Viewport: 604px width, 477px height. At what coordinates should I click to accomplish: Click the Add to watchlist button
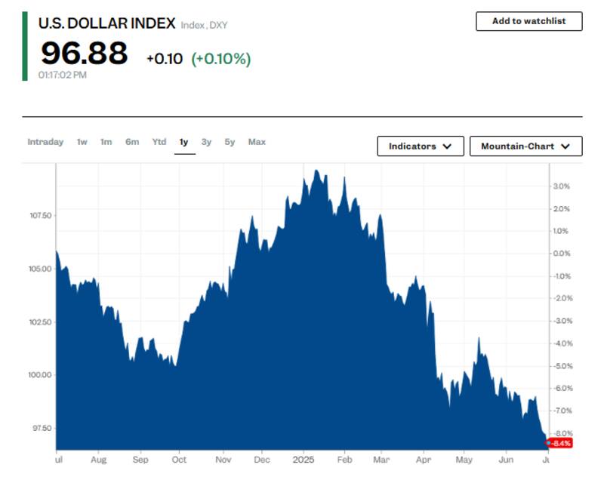coord(528,21)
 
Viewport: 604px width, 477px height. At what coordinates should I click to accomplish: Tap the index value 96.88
coord(84,54)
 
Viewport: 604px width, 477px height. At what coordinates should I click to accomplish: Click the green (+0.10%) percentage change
coord(220,58)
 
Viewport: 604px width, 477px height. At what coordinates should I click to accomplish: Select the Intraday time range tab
coord(45,142)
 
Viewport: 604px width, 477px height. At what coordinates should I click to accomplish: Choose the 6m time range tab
coord(132,142)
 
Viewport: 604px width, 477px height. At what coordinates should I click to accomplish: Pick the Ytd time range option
coord(159,142)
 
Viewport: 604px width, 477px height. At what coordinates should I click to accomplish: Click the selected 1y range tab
coord(184,142)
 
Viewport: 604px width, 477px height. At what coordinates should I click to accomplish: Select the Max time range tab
coord(257,142)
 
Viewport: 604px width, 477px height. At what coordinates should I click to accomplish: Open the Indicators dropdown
coord(420,146)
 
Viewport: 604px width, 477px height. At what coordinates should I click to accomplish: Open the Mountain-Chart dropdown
coord(525,146)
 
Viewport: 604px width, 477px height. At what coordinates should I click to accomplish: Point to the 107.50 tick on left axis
coord(40,216)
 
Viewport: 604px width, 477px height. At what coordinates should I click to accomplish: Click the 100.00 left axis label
coord(40,375)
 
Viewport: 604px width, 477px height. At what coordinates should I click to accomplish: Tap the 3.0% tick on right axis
coord(561,186)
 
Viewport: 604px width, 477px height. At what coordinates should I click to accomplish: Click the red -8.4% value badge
coord(559,443)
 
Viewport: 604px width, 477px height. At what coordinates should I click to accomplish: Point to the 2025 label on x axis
coord(303,458)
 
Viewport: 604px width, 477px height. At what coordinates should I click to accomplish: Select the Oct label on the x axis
coord(180,458)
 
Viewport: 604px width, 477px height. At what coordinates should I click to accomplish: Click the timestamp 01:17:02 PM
coord(62,75)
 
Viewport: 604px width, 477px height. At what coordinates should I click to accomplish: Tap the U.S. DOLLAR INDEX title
coord(106,23)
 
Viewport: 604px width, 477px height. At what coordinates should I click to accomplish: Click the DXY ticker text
coord(218,26)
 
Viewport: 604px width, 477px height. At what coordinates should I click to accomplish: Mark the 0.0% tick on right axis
coord(561,254)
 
